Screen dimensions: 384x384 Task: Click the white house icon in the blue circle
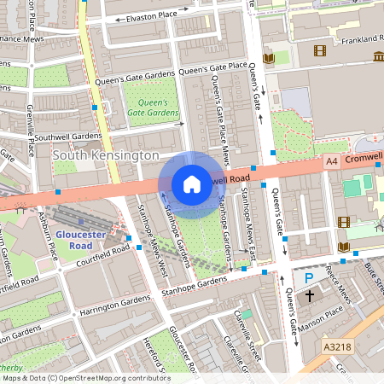pyautogui.click(x=192, y=183)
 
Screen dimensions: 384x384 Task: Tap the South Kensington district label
pyautogui.click(x=106, y=156)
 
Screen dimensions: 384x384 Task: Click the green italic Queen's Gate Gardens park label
pyautogui.click(x=153, y=107)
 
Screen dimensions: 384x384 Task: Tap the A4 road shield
pyautogui.click(x=332, y=160)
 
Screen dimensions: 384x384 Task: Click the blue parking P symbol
pyautogui.click(x=309, y=278)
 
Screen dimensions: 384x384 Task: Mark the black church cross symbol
pyautogui.click(x=310, y=297)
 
